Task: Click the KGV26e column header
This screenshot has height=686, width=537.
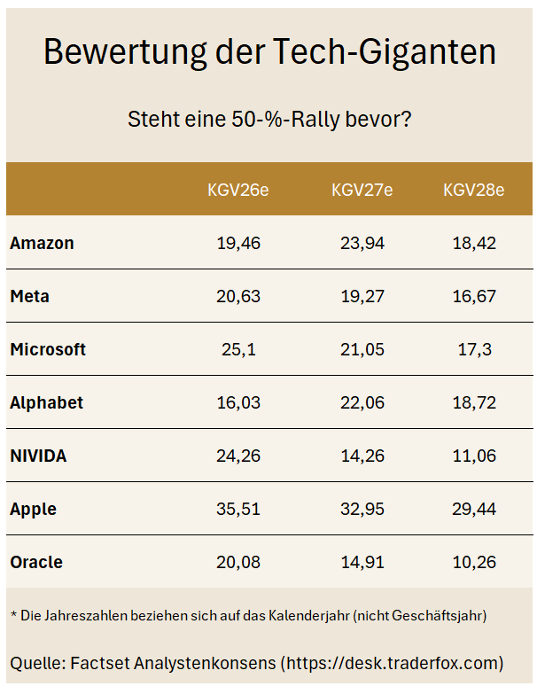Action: tap(237, 190)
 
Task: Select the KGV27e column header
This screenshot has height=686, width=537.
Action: tap(362, 190)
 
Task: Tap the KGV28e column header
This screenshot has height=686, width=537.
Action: tap(473, 190)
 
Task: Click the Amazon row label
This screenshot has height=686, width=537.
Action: tap(42, 243)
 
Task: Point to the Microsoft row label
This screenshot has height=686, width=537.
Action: tap(48, 349)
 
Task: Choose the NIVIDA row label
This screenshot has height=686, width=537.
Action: tap(38, 456)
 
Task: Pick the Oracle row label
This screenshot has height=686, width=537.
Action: tap(36, 562)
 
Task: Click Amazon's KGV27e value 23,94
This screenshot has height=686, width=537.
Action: tap(362, 243)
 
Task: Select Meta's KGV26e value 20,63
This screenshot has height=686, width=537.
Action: tap(238, 297)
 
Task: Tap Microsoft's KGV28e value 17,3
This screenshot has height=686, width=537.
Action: tap(474, 349)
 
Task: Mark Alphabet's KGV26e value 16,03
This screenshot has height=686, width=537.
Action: tap(238, 403)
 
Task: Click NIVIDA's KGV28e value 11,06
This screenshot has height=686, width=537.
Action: tap(474, 456)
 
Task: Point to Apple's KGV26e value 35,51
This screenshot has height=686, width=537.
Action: tap(238, 510)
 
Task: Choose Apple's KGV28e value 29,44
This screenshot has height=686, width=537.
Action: tap(474, 510)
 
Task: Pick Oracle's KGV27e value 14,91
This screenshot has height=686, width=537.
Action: tap(362, 562)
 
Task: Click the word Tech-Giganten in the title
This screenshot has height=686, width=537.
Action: tap(385, 52)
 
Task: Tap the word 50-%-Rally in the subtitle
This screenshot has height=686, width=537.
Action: tap(285, 120)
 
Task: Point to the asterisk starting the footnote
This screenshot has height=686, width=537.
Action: tap(13, 613)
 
